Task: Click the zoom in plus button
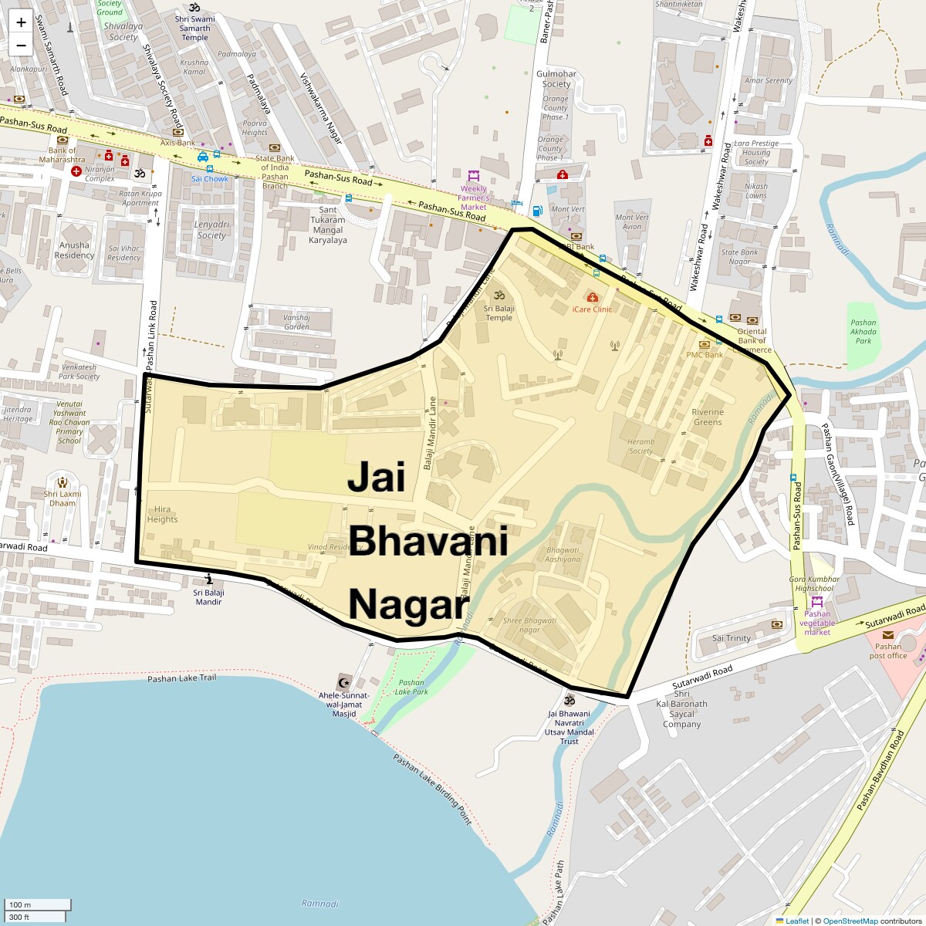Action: [21, 22]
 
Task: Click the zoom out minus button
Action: [21, 45]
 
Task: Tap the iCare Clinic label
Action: [592, 309]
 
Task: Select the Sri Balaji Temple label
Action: [499, 313]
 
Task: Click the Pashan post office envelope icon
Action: [888, 635]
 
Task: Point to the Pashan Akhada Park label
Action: [863, 332]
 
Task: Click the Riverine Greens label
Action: [708, 417]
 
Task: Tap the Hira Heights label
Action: [162, 514]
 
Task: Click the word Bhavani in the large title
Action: [428, 541]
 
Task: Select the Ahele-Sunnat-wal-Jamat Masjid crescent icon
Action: [344, 682]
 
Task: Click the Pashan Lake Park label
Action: [411, 687]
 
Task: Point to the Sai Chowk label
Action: [210, 179]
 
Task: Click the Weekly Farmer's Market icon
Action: [474, 175]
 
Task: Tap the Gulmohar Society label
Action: [556, 79]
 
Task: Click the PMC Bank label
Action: [705, 355]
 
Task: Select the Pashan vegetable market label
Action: [817, 623]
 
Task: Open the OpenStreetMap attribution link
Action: [850, 921]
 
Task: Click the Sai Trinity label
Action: [731, 638]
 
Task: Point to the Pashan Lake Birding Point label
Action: [431, 789]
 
